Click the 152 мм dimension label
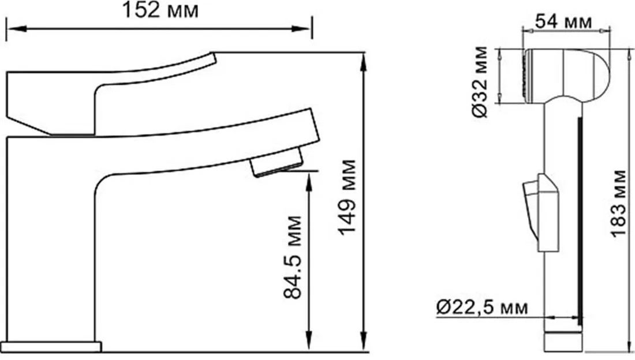point(161,10)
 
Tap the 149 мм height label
point(348,197)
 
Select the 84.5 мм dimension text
point(293,257)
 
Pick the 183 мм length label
point(618,203)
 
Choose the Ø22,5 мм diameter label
point(482,307)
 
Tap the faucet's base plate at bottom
point(54,347)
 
